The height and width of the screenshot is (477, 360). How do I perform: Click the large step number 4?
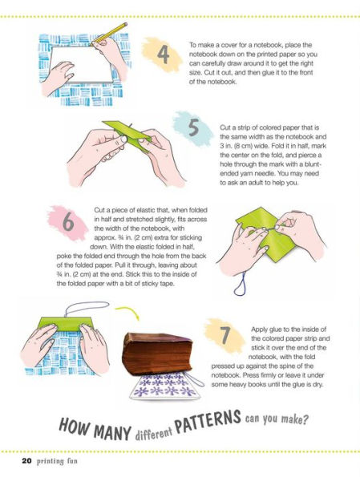pyautogui.click(x=164, y=55)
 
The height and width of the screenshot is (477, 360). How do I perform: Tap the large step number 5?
pyautogui.click(x=194, y=127)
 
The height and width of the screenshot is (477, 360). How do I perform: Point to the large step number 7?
pyautogui.click(x=225, y=335)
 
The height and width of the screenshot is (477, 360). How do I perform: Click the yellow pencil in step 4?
pyautogui.click(x=109, y=34)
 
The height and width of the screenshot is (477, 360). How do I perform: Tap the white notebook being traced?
pyautogui.click(x=82, y=64)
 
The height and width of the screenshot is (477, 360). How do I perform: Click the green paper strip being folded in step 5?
pyautogui.click(x=127, y=132)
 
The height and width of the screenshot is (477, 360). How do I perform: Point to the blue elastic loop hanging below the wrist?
pyautogui.click(x=241, y=284)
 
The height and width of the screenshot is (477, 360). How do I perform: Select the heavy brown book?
pyautogui.click(x=157, y=354)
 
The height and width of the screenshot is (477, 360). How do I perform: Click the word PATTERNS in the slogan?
pyautogui.click(x=208, y=421)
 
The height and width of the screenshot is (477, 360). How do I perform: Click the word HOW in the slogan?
pyautogui.click(x=74, y=425)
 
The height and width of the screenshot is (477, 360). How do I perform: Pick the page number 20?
pyautogui.click(x=26, y=461)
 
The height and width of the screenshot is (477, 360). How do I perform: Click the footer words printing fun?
pyautogui.click(x=57, y=461)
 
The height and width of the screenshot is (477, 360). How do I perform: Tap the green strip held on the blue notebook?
pyautogui.click(x=66, y=325)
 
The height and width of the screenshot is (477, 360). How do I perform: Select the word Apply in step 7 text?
pyautogui.click(x=259, y=329)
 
